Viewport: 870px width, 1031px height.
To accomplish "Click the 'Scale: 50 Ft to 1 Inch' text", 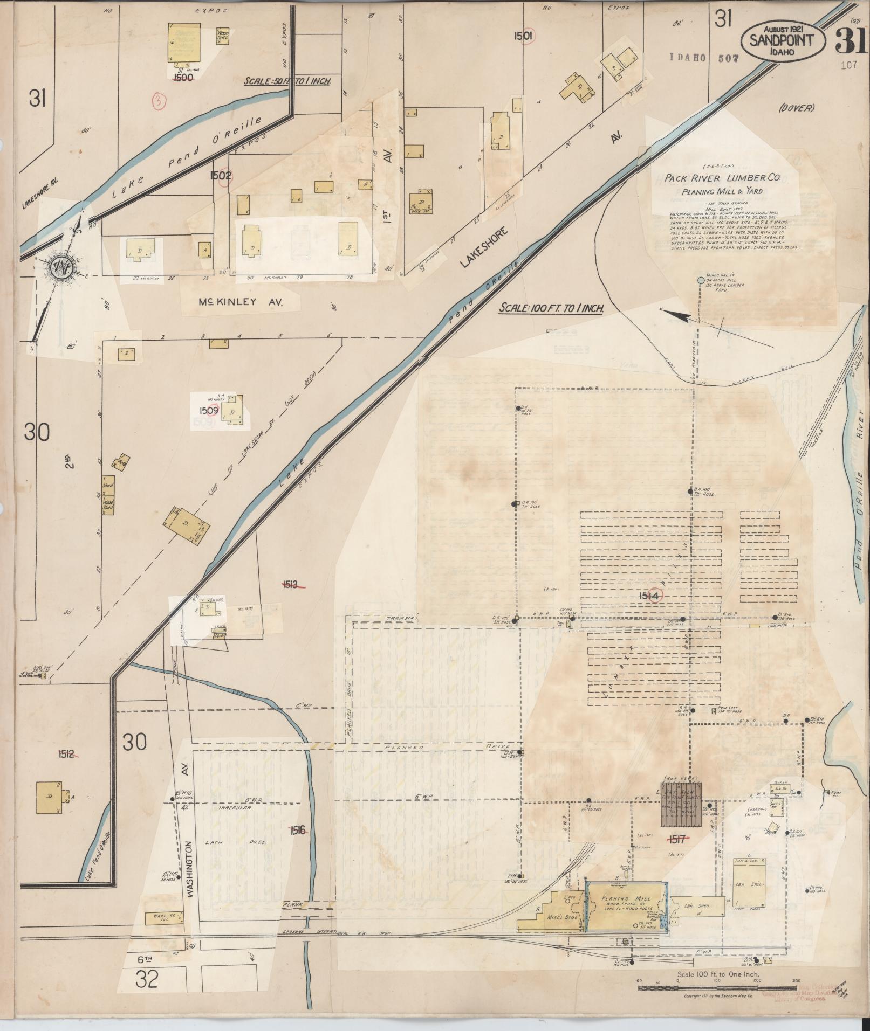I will pyautogui.click(x=286, y=81).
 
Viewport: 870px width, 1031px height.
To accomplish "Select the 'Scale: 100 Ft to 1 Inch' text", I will pyautogui.click(x=550, y=308).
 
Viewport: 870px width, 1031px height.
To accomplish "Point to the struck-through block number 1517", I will pyautogui.click(x=675, y=839).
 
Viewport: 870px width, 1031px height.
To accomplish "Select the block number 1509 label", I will pyautogui.click(x=208, y=410).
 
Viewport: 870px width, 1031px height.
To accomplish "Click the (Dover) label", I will pyautogui.click(x=796, y=108).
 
